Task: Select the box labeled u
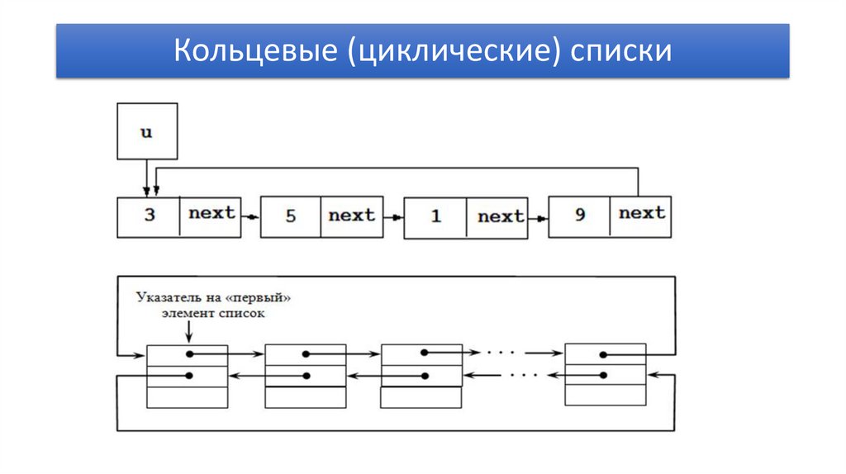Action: point(147,131)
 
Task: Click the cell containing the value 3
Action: point(149,216)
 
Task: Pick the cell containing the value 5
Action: point(291,217)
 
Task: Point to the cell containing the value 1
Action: point(435,217)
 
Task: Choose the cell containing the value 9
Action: point(579,216)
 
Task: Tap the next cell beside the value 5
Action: point(352,216)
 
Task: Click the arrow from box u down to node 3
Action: point(147,177)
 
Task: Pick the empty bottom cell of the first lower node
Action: point(187,397)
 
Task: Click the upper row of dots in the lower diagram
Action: point(501,353)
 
